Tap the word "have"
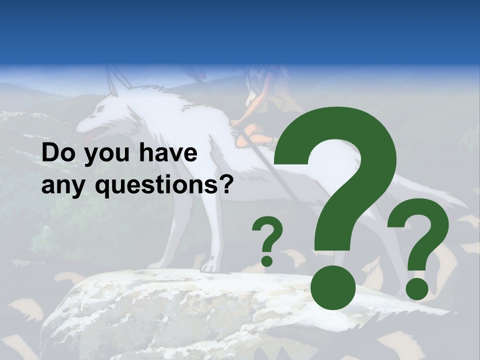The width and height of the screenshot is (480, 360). coord(167,153)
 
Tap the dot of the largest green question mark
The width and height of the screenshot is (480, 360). coord(333,288)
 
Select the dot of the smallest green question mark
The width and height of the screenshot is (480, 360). coord(267,260)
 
